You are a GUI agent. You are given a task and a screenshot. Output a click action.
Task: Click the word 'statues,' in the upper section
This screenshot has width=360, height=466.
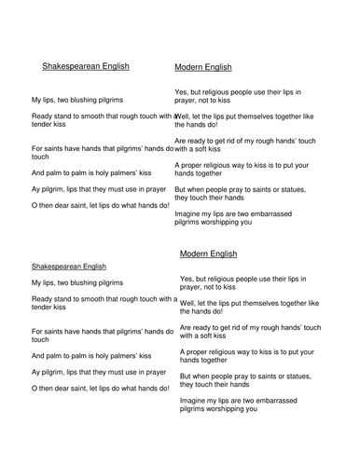(298, 189)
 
